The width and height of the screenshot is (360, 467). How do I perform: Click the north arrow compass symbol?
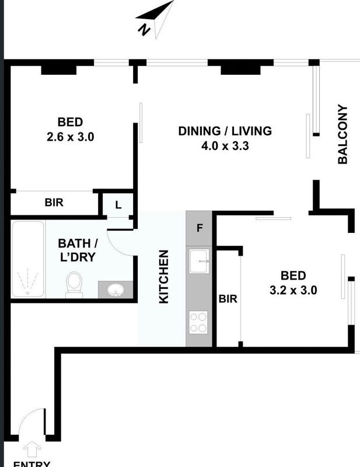point(155,19)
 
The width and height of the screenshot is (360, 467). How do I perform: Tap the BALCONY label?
point(342,134)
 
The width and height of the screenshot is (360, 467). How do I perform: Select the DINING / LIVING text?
point(225,131)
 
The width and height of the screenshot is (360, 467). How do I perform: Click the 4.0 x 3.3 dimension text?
point(225,146)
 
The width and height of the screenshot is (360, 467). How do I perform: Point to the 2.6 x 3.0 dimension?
point(70,137)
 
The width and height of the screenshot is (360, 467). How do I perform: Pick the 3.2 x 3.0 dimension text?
point(293,290)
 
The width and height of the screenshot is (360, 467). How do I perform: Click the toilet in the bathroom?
point(74,284)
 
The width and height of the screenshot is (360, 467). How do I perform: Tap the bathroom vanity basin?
point(116,290)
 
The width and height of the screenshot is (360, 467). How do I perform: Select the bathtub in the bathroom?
point(28,259)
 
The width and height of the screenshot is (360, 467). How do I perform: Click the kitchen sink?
point(199,261)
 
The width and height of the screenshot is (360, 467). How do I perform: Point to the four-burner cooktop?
point(198,322)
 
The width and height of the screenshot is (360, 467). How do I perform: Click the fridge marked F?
point(199,228)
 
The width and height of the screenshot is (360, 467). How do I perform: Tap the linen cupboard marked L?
point(118,205)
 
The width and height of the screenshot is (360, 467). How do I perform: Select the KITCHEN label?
point(164,277)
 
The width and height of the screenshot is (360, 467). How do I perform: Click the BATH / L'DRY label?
point(78,250)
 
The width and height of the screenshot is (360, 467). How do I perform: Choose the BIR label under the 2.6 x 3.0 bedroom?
point(54,203)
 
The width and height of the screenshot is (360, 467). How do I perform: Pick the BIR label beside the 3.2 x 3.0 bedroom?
point(228,299)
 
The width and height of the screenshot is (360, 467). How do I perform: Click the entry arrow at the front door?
point(32,449)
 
